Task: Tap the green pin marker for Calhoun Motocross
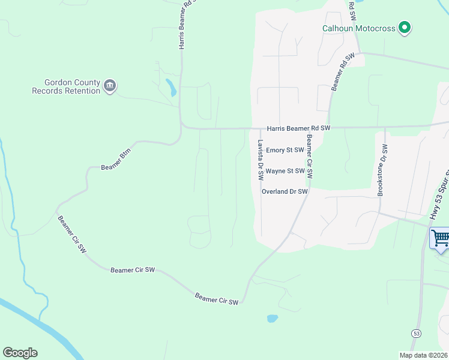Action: coord(405,28)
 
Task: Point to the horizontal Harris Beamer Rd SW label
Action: coord(299,128)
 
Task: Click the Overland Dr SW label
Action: coord(285,191)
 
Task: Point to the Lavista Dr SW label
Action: coord(261,160)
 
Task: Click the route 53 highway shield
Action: coord(416,332)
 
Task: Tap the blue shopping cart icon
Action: coord(441,238)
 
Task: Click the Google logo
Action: coord(20,353)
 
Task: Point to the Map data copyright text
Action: coord(423,355)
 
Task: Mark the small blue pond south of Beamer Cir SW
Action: coord(272,318)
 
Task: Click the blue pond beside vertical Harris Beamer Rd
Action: coord(172,88)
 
